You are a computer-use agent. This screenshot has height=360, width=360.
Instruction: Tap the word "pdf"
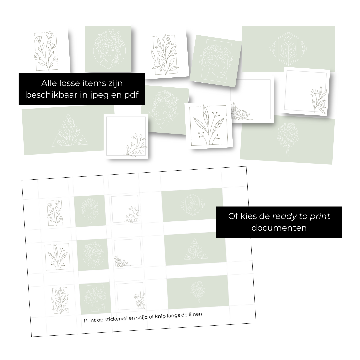click(x=131, y=95)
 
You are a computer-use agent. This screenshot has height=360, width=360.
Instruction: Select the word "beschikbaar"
click(x=52, y=94)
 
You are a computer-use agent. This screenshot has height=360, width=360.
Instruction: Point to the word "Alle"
click(x=49, y=83)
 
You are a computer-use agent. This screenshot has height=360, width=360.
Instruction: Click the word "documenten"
click(x=279, y=228)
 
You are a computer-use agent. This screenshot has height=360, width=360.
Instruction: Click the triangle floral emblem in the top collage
click(x=70, y=130)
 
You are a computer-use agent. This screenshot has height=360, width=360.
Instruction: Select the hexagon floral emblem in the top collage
click(x=288, y=49)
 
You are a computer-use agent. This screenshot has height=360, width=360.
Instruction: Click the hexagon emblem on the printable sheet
click(x=192, y=205)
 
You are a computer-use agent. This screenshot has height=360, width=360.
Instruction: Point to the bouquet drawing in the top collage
click(x=287, y=138)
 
